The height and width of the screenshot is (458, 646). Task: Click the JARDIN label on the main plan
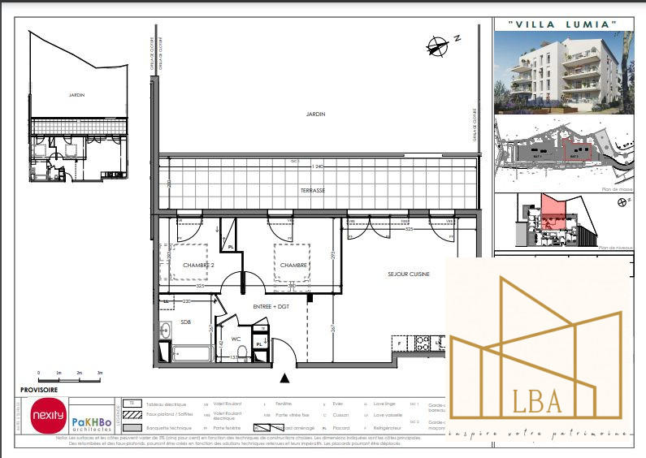(315, 114)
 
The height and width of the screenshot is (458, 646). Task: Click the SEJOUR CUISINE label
(408, 274)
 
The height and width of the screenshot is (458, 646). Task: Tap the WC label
(236, 339)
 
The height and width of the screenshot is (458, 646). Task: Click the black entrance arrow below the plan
(284, 378)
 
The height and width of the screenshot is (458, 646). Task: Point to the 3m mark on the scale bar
(99, 376)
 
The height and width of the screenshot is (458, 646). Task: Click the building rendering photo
(563, 71)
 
